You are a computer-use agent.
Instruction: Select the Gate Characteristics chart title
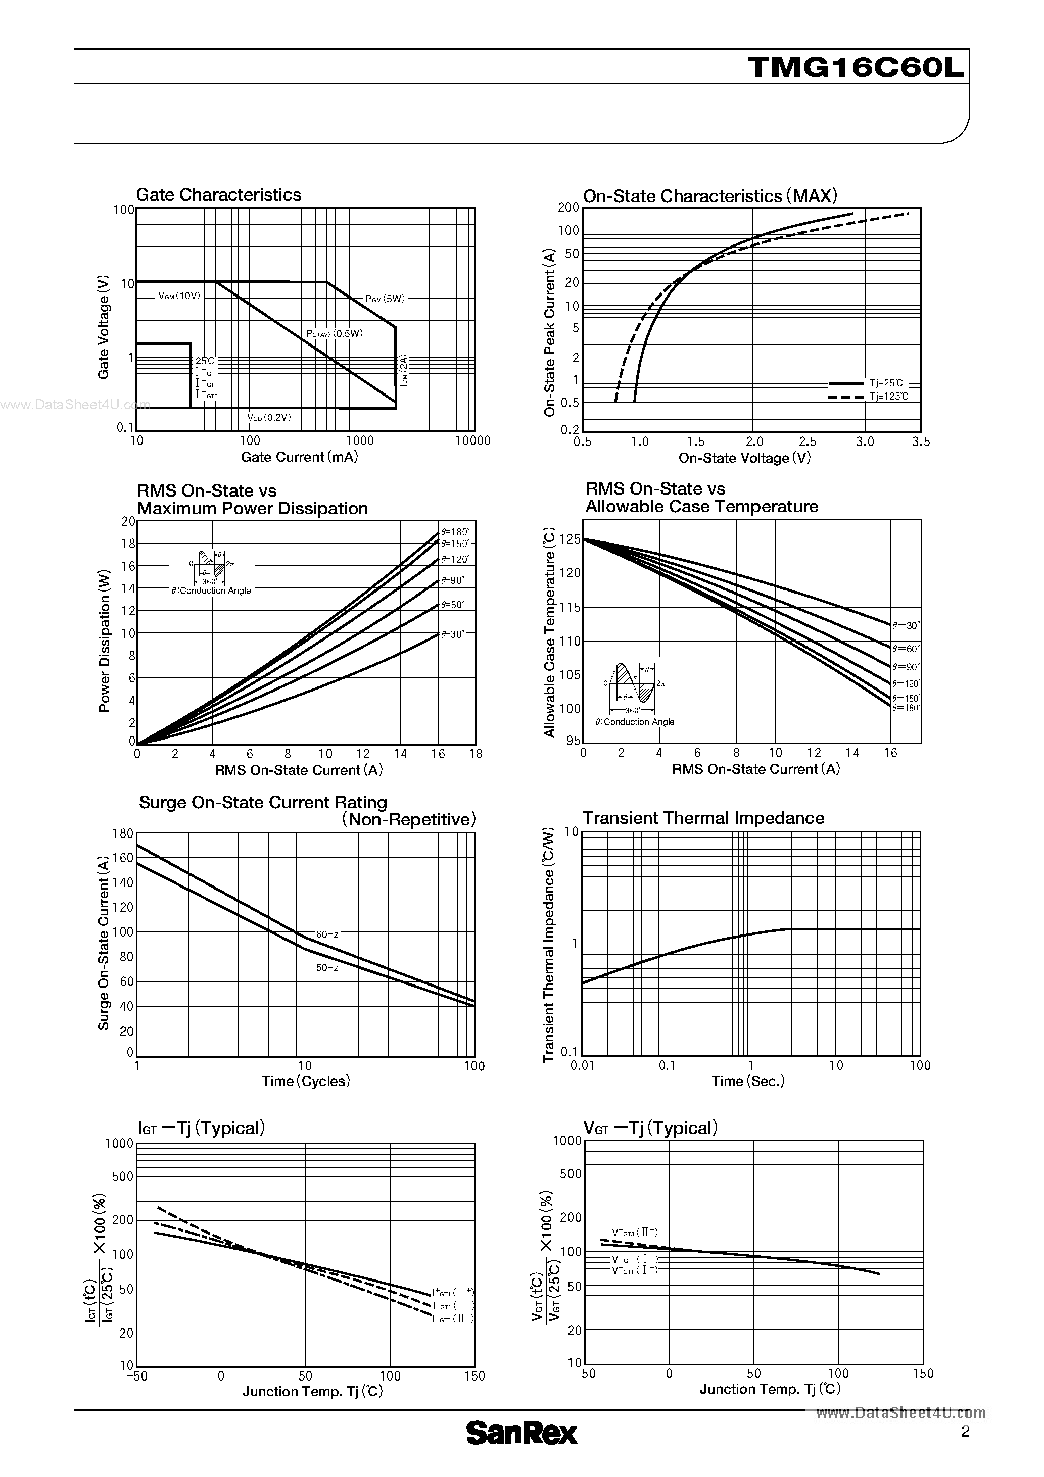point(218,195)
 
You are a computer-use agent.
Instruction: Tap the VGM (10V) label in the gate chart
point(179,296)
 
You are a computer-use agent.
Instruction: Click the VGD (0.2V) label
point(269,417)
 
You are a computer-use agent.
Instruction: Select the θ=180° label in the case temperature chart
point(906,708)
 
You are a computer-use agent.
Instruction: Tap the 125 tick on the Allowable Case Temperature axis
point(570,539)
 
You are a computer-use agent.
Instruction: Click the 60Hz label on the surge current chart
point(327,934)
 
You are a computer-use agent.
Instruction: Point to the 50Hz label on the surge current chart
point(327,967)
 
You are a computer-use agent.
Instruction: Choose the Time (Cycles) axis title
point(306,1081)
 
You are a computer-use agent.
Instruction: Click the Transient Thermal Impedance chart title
point(703,818)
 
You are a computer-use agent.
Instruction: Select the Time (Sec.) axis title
point(748,1081)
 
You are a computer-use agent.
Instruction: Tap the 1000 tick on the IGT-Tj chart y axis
point(120,1143)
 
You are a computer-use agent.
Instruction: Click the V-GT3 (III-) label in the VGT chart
point(635,1233)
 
